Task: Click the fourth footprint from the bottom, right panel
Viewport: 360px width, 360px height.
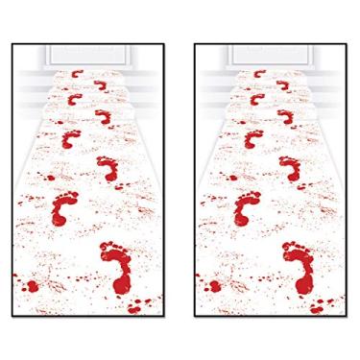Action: pyautogui.click(x=249, y=141)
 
